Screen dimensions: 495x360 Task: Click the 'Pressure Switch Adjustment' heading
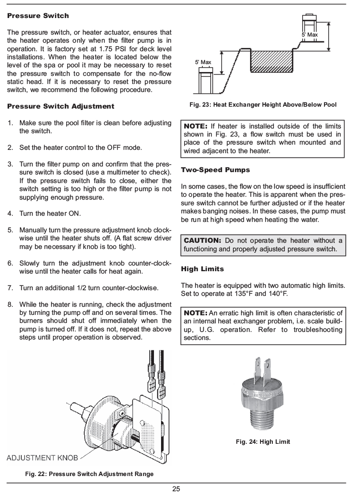pyautogui.click(x=61, y=106)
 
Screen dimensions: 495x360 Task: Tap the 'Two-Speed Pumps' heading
pyautogui.click(x=216, y=170)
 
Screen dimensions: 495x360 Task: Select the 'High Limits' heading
pyautogui.click(x=202, y=269)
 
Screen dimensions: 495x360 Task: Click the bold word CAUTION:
pyautogui.click(x=202, y=240)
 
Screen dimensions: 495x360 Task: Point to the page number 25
pyautogui.click(x=176, y=489)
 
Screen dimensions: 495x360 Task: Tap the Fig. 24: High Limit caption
pyautogui.click(x=263, y=442)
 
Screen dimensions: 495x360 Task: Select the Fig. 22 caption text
pyautogui.click(x=90, y=474)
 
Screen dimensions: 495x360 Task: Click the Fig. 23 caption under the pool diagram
pyautogui.click(x=262, y=105)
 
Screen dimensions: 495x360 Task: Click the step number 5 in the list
pyautogui.click(x=10, y=229)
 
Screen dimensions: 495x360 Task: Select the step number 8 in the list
pyautogui.click(x=10, y=304)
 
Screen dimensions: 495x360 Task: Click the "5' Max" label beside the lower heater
pyautogui.click(x=203, y=62)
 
